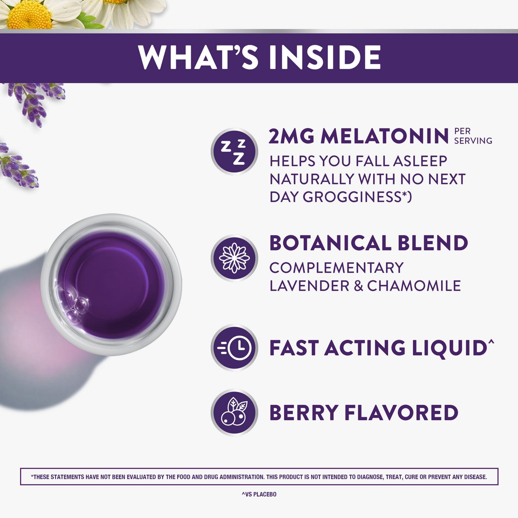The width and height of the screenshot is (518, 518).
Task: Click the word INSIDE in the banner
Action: [x=325, y=58]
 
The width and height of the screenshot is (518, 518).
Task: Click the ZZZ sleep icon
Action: [x=234, y=151]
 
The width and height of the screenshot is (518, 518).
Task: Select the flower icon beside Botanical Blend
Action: [x=234, y=258]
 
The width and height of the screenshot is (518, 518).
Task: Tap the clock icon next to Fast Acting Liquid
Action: [x=234, y=347]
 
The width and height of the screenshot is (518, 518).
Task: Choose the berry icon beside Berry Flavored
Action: [x=234, y=412]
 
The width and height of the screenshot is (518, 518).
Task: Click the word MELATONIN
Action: [x=385, y=136]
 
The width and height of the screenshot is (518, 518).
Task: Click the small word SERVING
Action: [x=473, y=141]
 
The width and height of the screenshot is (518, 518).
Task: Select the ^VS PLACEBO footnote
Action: [x=259, y=494]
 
